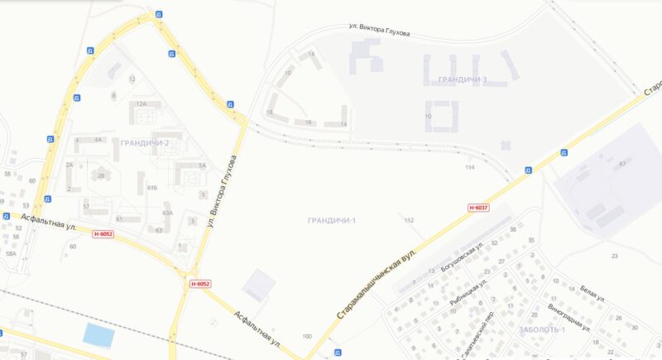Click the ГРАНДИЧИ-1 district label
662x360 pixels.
coord(331,219)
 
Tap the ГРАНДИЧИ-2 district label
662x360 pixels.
coord(144,143)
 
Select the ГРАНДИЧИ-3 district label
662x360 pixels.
coord(458,79)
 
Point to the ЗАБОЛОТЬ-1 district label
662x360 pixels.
coord(541,330)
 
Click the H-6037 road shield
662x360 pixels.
coord(478,207)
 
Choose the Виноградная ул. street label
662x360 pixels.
coord(568,317)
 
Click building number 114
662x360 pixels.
coord(470,167)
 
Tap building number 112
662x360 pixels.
coord(408,220)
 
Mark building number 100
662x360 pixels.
coord(307,336)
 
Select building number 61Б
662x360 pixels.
coord(151,189)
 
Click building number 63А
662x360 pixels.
coord(167,213)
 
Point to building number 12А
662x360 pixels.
coord(141,104)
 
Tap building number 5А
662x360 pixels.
coord(202,166)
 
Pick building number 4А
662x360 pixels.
coord(98,139)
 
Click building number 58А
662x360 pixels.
coord(11,253)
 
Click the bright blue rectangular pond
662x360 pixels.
coord(98,335)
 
